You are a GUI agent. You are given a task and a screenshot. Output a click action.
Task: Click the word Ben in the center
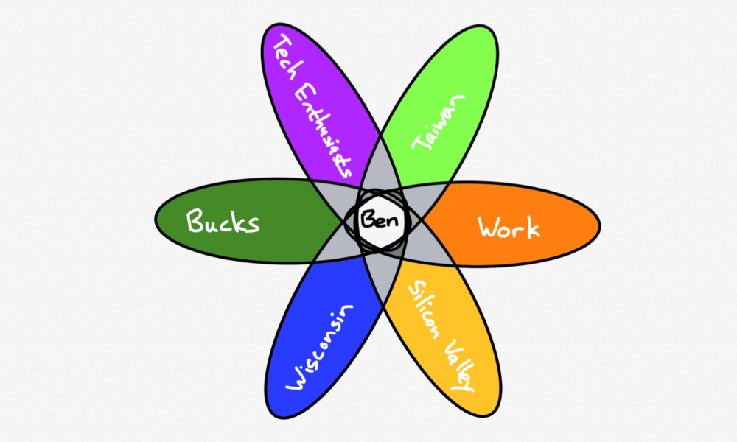tap(379, 220)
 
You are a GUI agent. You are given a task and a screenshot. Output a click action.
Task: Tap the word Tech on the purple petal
tap(286, 57)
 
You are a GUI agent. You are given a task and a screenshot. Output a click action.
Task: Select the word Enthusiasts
tap(323, 130)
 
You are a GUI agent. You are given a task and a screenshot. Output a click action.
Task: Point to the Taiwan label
tap(438, 122)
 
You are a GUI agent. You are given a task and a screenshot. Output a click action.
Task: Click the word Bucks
tap(223, 221)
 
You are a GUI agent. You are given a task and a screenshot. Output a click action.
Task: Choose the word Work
tap(509, 228)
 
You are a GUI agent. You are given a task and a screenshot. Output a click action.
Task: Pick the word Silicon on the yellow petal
tap(425, 310)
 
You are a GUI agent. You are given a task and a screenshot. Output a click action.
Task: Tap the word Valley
tap(458, 365)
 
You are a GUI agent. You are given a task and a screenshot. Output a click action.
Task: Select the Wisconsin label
tap(319, 347)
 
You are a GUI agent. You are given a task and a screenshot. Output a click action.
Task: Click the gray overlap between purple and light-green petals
tap(381, 164)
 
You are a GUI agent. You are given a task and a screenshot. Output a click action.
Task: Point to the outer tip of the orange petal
tap(600, 226)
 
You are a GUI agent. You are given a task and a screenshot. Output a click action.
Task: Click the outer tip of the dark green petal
tap(155, 220)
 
